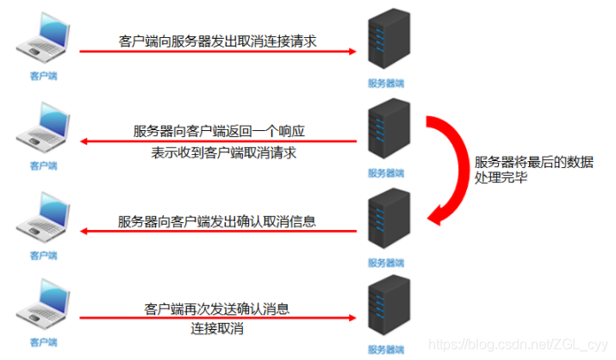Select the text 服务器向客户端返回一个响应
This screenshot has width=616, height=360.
click(x=219, y=131)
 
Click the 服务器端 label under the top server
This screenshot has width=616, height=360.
click(x=387, y=83)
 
